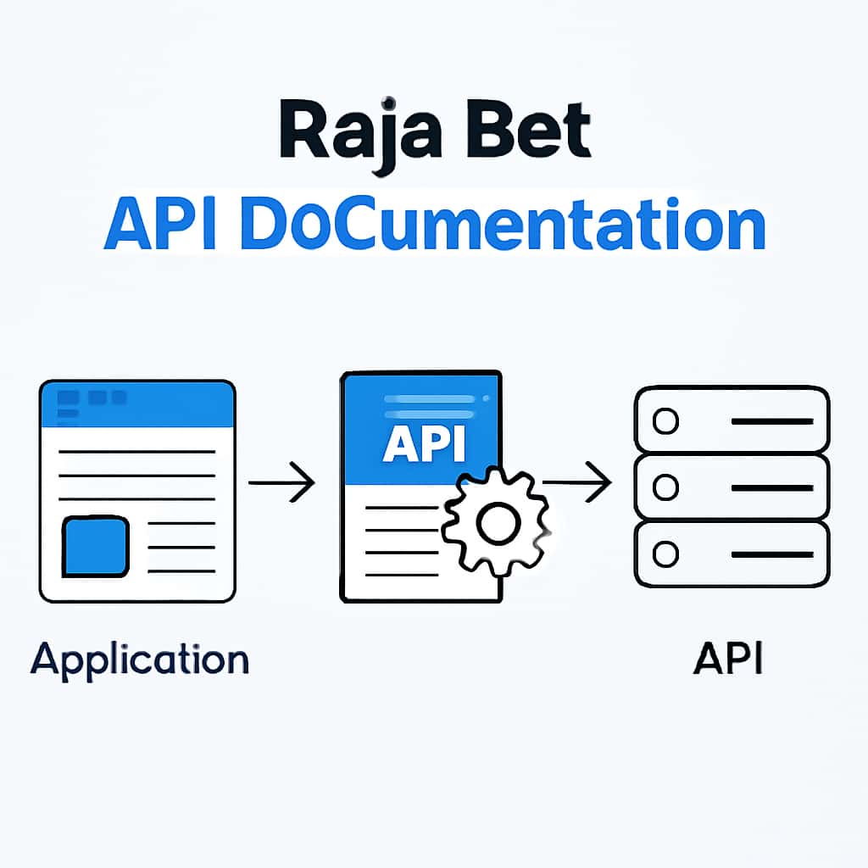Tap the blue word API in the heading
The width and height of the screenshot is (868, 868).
pyautogui.click(x=161, y=225)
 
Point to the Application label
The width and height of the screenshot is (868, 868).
pyautogui.click(x=140, y=659)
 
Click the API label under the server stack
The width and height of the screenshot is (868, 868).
pyautogui.click(x=728, y=659)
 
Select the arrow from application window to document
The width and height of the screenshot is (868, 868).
pyautogui.click(x=281, y=483)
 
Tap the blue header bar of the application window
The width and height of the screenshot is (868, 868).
pyautogui.click(x=136, y=404)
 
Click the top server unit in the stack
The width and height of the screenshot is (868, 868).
pyautogui.click(x=732, y=420)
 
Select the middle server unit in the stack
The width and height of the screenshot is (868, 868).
pyautogui.click(x=732, y=487)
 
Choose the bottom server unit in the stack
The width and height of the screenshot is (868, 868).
pyautogui.click(x=732, y=554)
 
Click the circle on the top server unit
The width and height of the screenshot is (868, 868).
pyautogui.click(x=667, y=420)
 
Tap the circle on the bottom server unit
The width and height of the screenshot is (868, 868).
pyautogui.click(x=667, y=554)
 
